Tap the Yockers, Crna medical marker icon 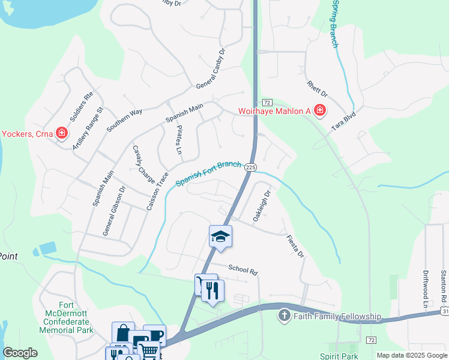[x=61, y=133]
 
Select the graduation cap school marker [x=220, y=237]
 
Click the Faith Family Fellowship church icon [x=285, y=316]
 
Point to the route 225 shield [x=251, y=167]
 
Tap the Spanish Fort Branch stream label [x=208, y=173]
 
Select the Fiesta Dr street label [x=295, y=247]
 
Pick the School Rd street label [x=243, y=271]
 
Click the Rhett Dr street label [x=317, y=90]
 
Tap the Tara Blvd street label [x=345, y=122]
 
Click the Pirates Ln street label [x=178, y=140]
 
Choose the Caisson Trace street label [x=154, y=191]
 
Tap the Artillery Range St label [x=88, y=128]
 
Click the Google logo [x=20, y=353]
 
